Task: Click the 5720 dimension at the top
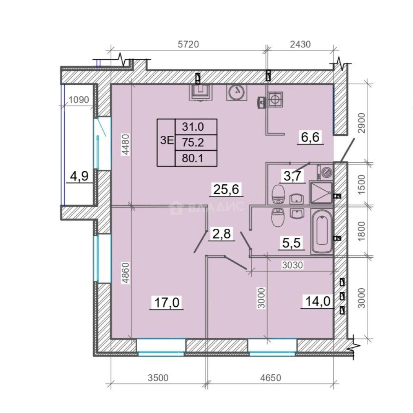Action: click(x=188, y=44)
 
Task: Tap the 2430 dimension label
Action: click(x=300, y=44)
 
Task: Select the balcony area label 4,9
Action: click(x=79, y=176)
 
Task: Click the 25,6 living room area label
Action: click(x=226, y=189)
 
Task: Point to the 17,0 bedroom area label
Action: click(x=166, y=302)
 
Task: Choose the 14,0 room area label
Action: click(x=318, y=301)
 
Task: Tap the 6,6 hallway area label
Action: click(x=310, y=137)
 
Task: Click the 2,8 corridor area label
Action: click(x=221, y=234)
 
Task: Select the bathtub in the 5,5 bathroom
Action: click(x=321, y=231)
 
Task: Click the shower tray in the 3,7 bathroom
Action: click(x=321, y=192)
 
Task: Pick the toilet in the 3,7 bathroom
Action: click(x=278, y=194)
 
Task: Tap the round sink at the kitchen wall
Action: click(x=237, y=93)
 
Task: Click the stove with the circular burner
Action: click(x=275, y=99)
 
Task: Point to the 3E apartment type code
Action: click(x=167, y=141)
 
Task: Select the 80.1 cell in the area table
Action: click(x=192, y=159)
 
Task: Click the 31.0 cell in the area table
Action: click(x=193, y=127)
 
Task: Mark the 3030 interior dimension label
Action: click(x=293, y=265)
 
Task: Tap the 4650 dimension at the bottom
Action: click(x=271, y=378)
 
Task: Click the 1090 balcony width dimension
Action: click(x=79, y=100)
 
